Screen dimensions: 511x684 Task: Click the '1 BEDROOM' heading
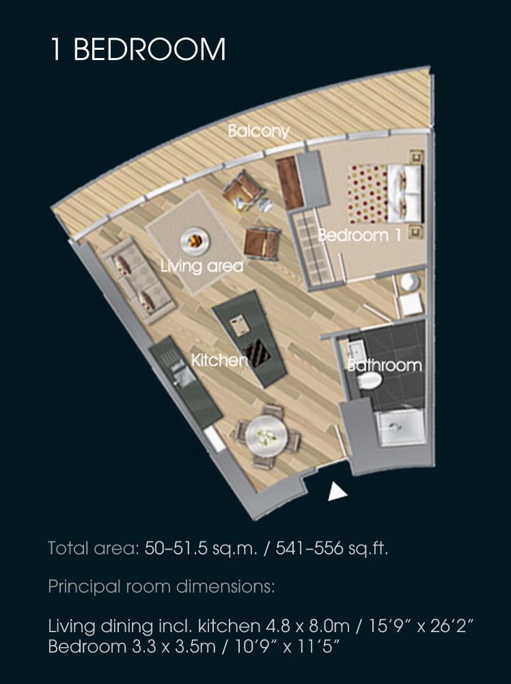pos(138,49)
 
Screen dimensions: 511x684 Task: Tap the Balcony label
pos(259,131)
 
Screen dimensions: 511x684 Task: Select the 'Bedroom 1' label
pos(359,235)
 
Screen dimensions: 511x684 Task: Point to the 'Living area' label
pos(202,266)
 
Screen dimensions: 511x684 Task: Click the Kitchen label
pos(219,360)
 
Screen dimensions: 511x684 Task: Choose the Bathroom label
pos(385,365)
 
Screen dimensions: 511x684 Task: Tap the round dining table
pos(266,435)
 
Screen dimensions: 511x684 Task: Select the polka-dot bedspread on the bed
pos(368,194)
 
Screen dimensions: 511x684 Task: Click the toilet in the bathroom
pos(369,380)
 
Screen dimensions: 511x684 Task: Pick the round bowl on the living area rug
pos(195,240)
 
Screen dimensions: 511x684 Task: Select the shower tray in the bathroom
pos(400,427)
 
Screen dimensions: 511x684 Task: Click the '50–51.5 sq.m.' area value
pos(201,548)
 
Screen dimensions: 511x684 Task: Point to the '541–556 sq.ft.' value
pos(331,548)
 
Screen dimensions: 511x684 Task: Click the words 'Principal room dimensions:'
pos(161,586)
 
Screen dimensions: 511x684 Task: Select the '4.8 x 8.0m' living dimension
pos(307,626)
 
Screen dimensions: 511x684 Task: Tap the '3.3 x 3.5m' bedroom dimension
pos(174,646)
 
